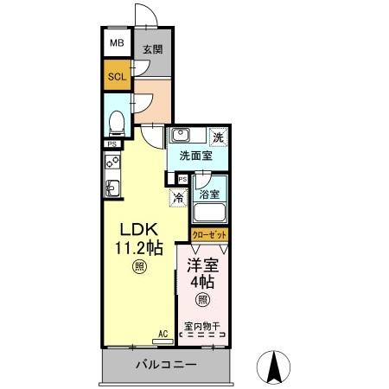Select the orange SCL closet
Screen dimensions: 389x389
tap(116, 75)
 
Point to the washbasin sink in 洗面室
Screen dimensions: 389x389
tap(182, 136)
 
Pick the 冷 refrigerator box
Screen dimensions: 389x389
tap(177, 197)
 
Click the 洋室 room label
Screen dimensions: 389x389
tap(202, 265)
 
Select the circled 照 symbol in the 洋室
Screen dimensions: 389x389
tap(201, 300)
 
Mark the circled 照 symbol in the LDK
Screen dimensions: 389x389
tap(138, 269)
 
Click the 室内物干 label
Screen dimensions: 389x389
tap(202, 327)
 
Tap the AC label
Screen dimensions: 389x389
tap(163, 333)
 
